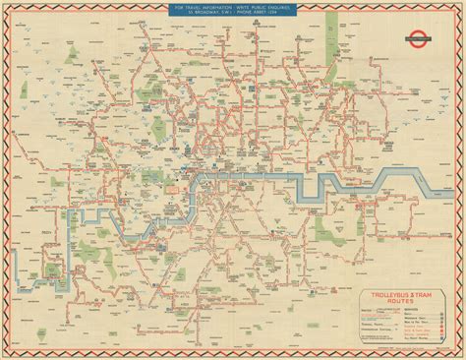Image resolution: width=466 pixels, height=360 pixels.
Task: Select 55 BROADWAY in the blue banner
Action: click(207, 20)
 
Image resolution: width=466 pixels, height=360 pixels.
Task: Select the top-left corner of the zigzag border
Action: click(5, 5)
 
